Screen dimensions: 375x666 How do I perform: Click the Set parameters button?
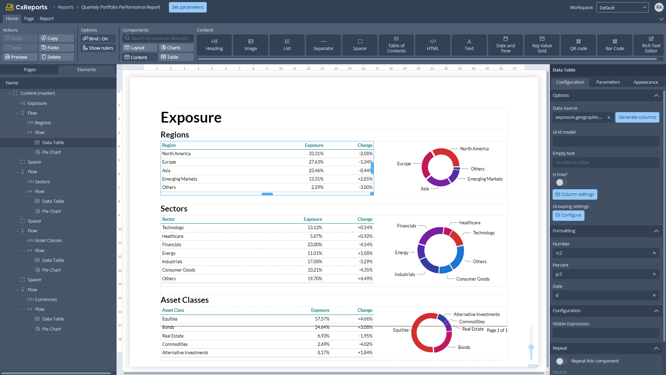pos(188,7)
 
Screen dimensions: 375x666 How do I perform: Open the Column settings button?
pos(574,194)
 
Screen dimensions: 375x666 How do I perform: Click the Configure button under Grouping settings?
pos(568,215)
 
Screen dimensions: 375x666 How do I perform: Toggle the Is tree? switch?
pos(560,183)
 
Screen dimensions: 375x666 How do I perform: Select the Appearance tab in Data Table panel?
pos(646,82)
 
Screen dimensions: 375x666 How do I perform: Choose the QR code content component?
pos(578,45)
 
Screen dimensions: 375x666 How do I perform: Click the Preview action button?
pos(20,57)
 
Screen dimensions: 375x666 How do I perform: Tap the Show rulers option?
pos(98,48)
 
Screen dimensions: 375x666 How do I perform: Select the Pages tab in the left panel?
pos(30,70)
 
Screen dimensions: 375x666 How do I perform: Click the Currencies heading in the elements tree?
pos(46,300)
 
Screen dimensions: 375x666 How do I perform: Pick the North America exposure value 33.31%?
pos(316,154)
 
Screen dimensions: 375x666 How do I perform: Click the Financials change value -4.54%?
pos(365,245)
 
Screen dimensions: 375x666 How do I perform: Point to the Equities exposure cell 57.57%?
pos(322,319)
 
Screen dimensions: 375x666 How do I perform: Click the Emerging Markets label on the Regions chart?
pos(485,179)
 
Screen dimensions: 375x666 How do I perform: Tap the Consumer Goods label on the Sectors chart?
pos(473,279)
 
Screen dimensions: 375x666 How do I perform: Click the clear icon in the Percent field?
pos(654,274)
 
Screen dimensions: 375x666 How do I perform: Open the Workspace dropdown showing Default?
pos(622,8)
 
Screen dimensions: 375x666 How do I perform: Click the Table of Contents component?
pos(396,45)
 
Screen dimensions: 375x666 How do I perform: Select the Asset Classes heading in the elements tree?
pos(48,241)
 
